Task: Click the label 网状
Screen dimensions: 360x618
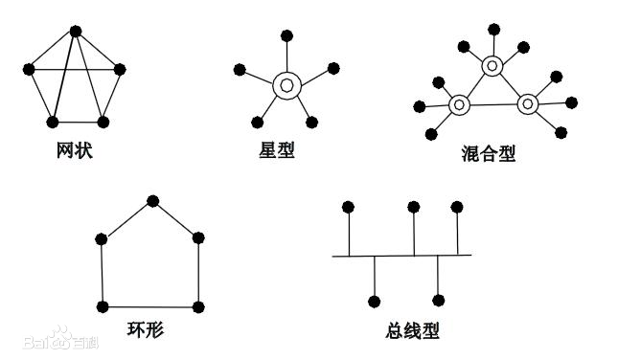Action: click(75, 150)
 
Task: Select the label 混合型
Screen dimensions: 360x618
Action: click(488, 153)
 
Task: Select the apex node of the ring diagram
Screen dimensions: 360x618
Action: click(151, 200)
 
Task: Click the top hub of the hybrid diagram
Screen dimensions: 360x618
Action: click(492, 65)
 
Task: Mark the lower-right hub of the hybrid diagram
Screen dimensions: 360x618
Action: click(526, 101)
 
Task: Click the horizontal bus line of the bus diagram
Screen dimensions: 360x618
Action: click(402, 256)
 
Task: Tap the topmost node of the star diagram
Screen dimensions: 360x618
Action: click(286, 35)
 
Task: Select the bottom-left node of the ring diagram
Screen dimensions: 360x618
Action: click(103, 306)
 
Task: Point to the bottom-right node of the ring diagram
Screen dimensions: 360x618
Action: click(198, 306)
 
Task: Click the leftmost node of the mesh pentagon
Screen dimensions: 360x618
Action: click(29, 69)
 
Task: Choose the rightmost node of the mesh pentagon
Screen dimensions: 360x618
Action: click(120, 69)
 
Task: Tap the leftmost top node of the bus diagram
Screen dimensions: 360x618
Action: click(349, 207)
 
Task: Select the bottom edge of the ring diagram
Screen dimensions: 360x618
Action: click(150, 306)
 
